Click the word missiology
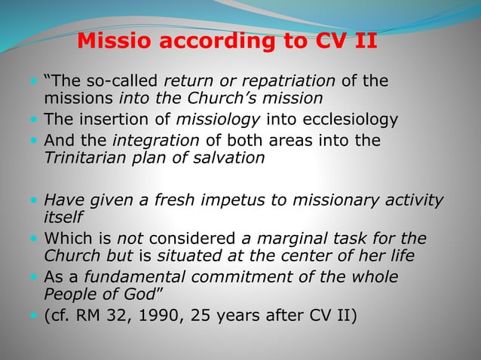(x=210, y=118)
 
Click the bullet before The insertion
(x=37, y=118)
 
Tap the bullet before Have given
(x=37, y=200)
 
